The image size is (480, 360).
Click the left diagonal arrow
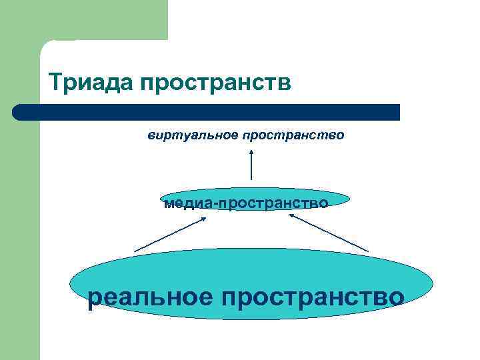(170, 235)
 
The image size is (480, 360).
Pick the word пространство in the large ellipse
(313, 296)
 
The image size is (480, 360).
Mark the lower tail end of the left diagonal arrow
(135, 251)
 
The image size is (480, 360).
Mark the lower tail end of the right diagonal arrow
(367, 250)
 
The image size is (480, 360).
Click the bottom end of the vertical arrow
(251, 179)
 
